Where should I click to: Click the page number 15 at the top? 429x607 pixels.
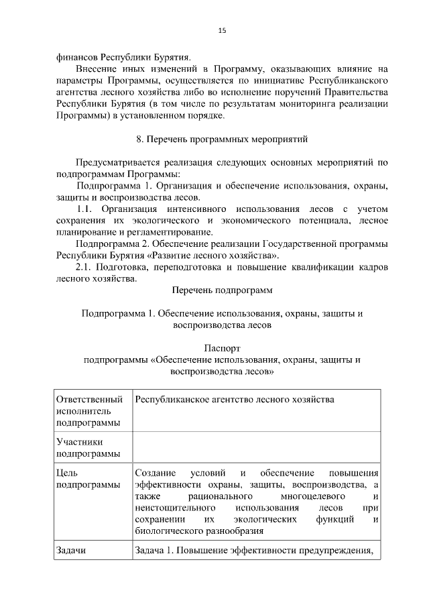(223, 30)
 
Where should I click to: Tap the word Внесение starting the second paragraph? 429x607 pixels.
(100, 68)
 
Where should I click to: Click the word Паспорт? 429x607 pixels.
(222, 348)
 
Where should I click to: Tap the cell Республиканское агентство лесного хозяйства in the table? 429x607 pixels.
(234, 400)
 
